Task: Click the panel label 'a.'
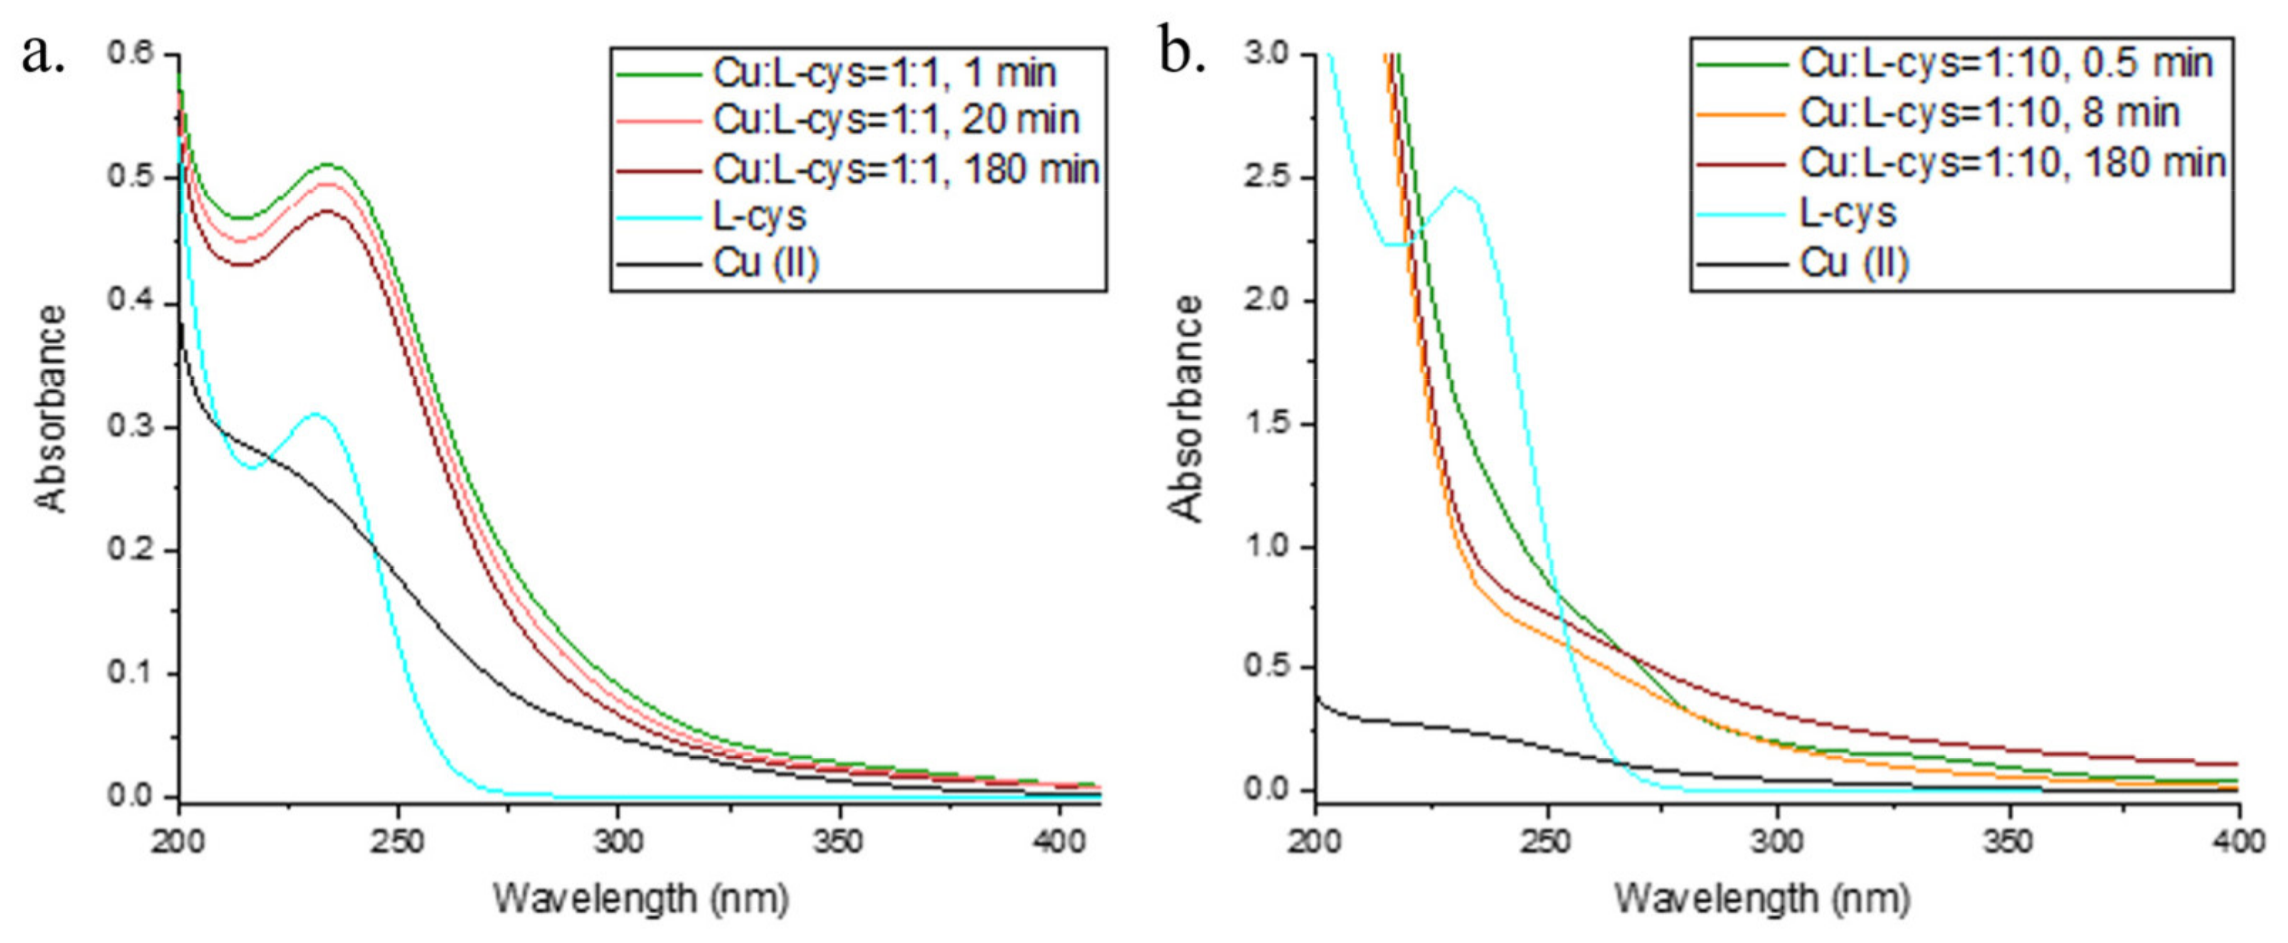pos(43,58)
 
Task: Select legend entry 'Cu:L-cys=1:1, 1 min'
pos(884,72)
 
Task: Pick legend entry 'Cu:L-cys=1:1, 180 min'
pos(905,169)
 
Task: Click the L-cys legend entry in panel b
pos(1848,212)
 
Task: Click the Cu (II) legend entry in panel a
pos(765,264)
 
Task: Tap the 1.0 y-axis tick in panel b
pos(1269,546)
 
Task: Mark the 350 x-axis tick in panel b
pos(2008,840)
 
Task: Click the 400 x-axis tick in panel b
pos(2237,840)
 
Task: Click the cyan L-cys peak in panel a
pos(315,415)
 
